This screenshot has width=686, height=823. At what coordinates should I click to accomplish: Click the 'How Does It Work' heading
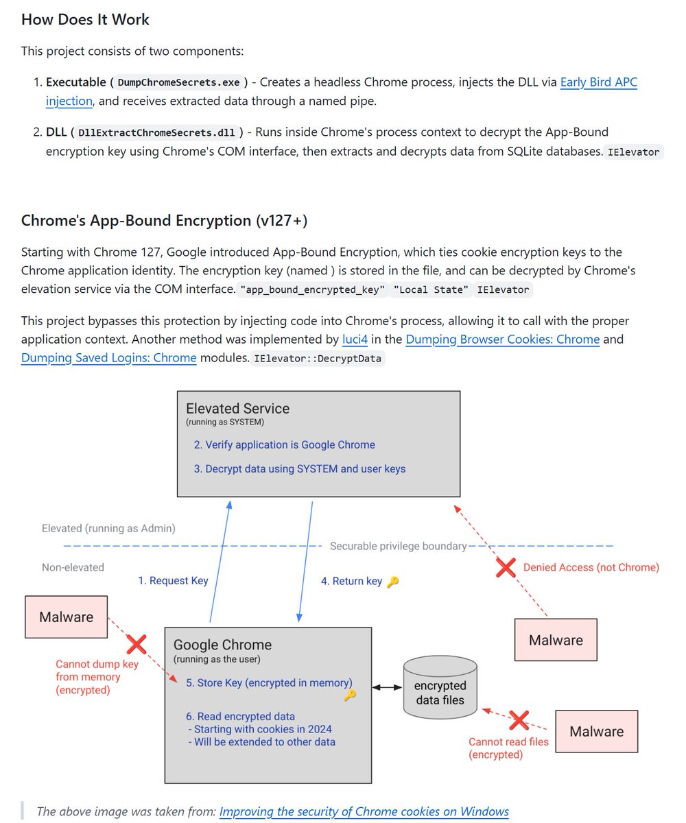[85, 19]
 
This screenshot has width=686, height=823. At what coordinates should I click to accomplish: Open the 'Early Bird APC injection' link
[598, 82]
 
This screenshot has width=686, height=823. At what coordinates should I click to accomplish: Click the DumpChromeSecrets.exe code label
[179, 82]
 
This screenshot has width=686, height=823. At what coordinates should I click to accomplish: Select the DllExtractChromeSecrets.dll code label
[156, 132]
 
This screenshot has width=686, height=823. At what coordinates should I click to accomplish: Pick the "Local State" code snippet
[430, 289]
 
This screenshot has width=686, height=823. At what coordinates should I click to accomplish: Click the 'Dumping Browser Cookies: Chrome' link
[502, 339]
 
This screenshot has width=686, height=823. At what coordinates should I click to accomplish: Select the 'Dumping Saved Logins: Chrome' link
[108, 357]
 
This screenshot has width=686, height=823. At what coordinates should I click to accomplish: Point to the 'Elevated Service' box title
[237, 408]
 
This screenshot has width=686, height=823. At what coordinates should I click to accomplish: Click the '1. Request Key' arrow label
[173, 581]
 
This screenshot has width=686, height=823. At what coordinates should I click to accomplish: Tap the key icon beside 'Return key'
[392, 582]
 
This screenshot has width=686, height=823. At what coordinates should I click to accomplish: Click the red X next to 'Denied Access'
[506, 567]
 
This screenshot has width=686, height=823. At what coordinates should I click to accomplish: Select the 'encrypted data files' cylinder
[440, 688]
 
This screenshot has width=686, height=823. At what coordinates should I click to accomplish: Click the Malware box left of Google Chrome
[66, 617]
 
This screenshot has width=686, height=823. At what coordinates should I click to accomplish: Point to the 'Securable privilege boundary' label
[398, 546]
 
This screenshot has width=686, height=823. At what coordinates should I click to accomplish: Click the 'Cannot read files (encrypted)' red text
[508, 748]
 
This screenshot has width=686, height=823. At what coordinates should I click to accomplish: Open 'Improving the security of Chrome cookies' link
[364, 811]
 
